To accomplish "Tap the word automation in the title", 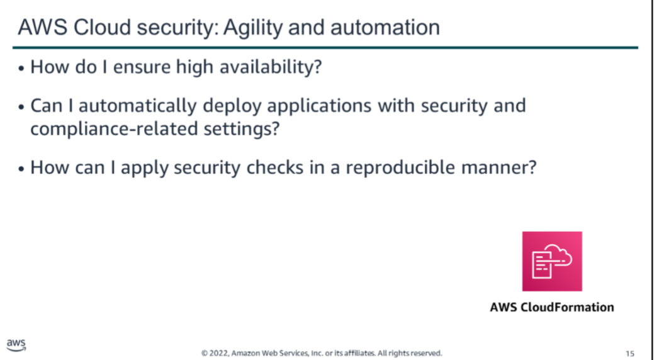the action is pos(385,27).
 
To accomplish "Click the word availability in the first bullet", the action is pos(271,67).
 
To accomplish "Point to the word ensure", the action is pos(142,67).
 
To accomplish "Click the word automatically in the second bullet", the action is pos(137,106).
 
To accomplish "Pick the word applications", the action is pos(319,106).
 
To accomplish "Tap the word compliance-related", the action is pos(114,128).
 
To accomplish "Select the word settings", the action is pos(242,128).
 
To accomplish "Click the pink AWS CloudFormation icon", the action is pos(552,261).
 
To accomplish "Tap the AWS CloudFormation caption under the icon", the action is pos(552,307).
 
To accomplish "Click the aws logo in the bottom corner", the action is pos(16,345).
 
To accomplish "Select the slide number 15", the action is pos(629,353).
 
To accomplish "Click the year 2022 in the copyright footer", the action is pos(218,353).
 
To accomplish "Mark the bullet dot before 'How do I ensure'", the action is pos(21,68).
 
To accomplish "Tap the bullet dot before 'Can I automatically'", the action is pos(21,107).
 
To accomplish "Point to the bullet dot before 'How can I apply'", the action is pos(21,169).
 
